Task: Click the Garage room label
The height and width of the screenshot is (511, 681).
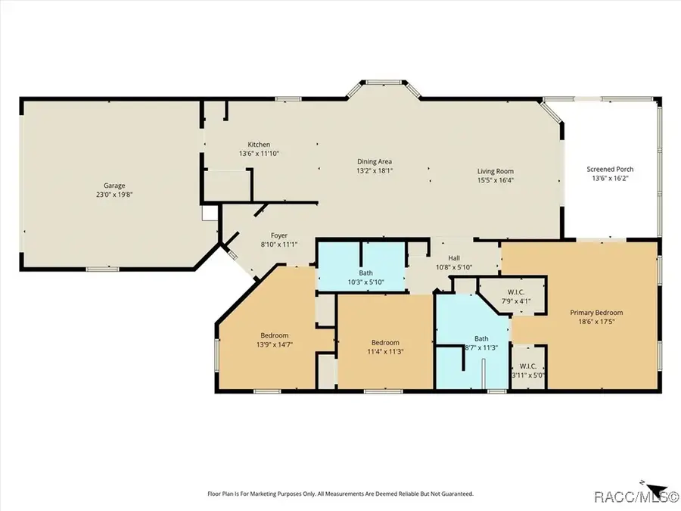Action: pyautogui.click(x=114, y=185)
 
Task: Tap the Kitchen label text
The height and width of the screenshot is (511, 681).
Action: pyautogui.click(x=259, y=145)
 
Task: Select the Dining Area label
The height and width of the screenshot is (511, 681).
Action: pyautogui.click(x=375, y=161)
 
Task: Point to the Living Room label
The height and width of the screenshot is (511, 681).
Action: pyautogui.click(x=495, y=171)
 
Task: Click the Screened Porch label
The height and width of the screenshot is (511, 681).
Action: pyautogui.click(x=610, y=169)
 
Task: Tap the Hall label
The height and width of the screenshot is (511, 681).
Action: pyautogui.click(x=454, y=257)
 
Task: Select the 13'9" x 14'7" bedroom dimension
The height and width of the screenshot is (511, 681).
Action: pyautogui.click(x=274, y=344)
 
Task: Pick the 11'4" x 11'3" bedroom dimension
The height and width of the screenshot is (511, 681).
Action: pyautogui.click(x=385, y=351)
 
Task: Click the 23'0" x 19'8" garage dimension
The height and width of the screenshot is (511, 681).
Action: pyautogui.click(x=114, y=194)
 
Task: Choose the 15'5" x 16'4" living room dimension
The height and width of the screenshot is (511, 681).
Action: pyautogui.click(x=495, y=180)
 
